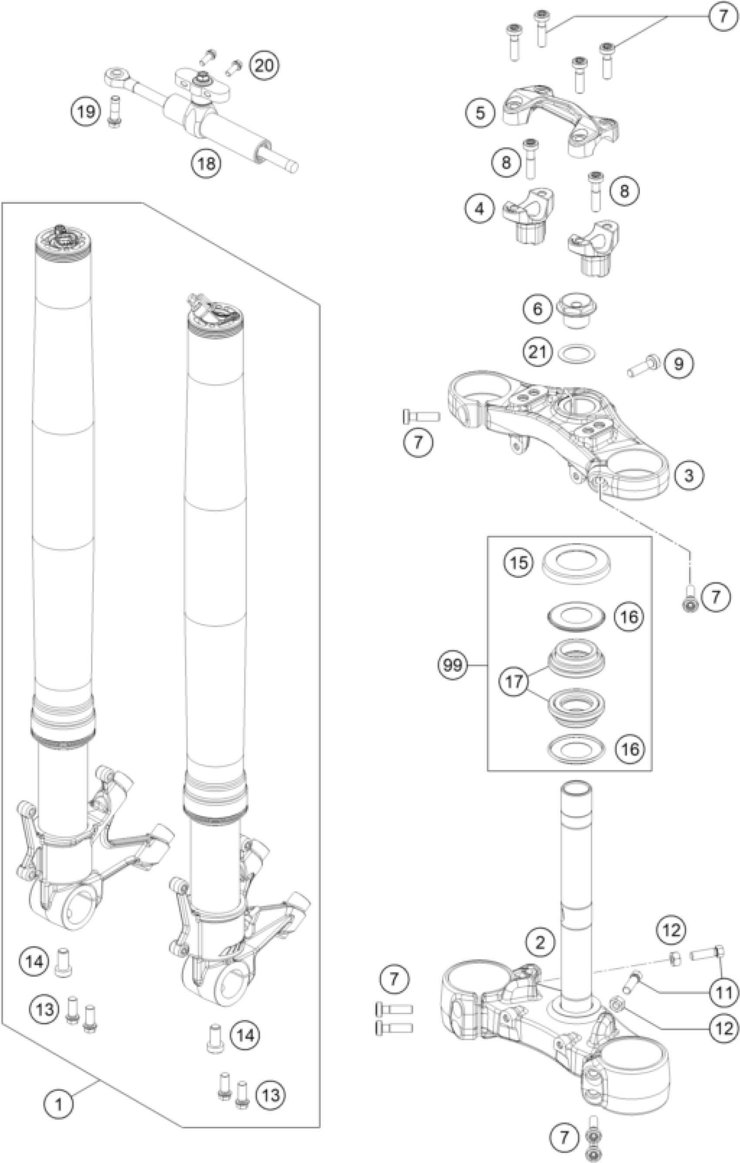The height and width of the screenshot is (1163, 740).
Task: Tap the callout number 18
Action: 206,163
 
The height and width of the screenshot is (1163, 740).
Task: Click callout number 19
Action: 87,112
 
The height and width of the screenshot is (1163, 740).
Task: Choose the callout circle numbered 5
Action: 480,113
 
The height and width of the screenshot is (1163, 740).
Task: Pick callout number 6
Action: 538,309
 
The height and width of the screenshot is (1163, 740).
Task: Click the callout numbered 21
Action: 538,352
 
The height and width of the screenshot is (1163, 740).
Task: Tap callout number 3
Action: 688,475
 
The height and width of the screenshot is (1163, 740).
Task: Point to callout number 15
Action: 519,563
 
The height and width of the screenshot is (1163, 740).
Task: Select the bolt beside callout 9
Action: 644,371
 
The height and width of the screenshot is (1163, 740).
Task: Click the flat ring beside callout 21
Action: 577,353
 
